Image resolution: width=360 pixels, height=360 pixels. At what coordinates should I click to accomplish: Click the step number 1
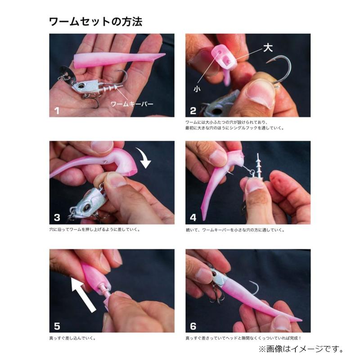pyautogui.click(x=57, y=111)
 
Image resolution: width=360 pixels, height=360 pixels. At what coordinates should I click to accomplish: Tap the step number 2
pyautogui.click(x=193, y=111)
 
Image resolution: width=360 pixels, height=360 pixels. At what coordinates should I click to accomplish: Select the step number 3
pyautogui.click(x=57, y=218)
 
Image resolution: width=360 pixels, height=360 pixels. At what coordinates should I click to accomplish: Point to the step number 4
pyautogui.click(x=193, y=218)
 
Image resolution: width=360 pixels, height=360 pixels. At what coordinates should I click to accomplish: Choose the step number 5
pyautogui.click(x=57, y=326)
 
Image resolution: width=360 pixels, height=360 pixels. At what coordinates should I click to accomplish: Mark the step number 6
pyautogui.click(x=193, y=326)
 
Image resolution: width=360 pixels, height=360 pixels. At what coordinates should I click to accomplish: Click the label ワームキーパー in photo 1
pyautogui.click(x=131, y=104)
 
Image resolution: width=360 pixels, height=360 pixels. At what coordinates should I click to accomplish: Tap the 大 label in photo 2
pyautogui.click(x=268, y=49)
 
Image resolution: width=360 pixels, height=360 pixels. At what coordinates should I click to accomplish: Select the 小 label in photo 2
pyautogui.click(x=197, y=89)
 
